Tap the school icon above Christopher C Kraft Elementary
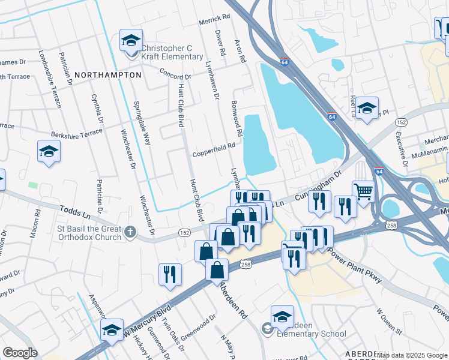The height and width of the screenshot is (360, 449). point(131,40)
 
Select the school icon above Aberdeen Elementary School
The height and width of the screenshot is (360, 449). point(282,317)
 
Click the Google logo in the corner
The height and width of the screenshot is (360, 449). point(20,353)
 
